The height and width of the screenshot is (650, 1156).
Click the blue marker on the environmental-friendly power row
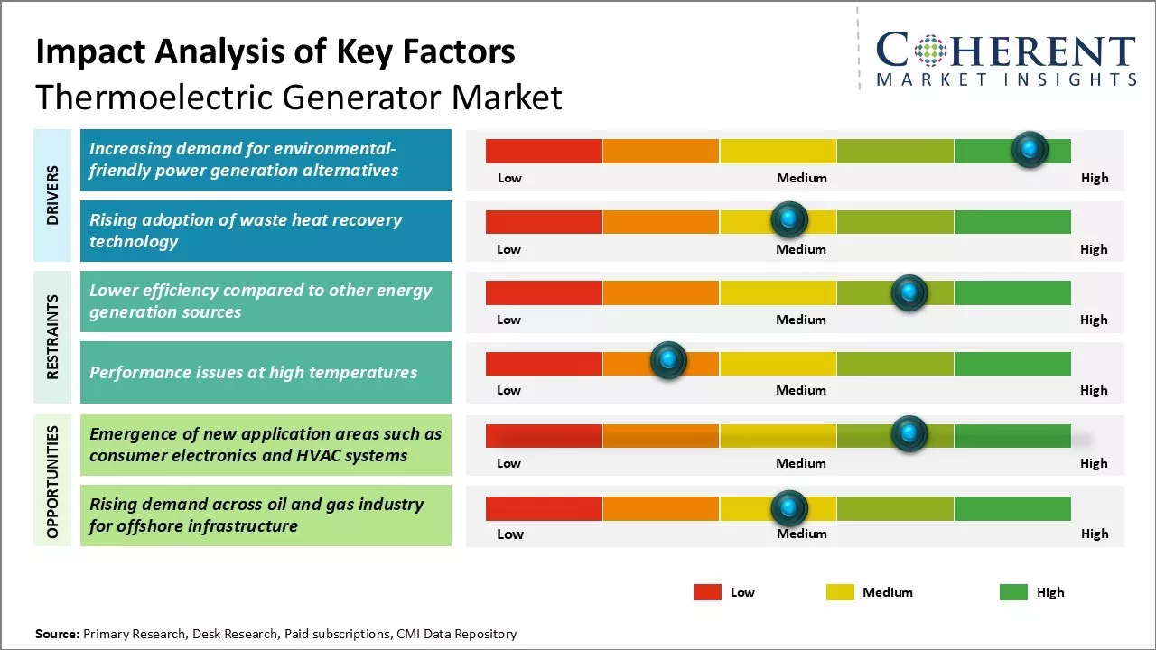pyautogui.click(x=1030, y=149)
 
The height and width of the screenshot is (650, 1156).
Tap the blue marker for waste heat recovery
pyautogui.click(x=789, y=219)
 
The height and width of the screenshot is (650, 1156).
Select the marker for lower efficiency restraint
pyautogui.click(x=909, y=292)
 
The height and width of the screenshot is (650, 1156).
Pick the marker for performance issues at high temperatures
pyautogui.click(x=668, y=361)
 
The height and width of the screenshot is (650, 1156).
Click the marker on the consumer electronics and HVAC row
pyautogui.click(x=909, y=434)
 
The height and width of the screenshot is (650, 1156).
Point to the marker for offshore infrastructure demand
pyautogui.click(x=789, y=508)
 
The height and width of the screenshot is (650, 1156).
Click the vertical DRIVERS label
pyautogui.click(x=52, y=195)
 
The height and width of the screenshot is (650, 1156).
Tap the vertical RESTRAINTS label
pyautogui.click(x=52, y=336)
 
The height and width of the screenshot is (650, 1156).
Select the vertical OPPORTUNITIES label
pyautogui.click(x=52, y=481)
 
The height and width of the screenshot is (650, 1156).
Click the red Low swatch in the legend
pyautogui.click(x=707, y=592)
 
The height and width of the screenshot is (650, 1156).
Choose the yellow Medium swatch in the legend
pyautogui.click(x=840, y=592)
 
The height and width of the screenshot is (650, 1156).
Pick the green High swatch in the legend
pyautogui.click(x=1013, y=592)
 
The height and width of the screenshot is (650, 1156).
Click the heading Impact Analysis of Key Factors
pyautogui.click(x=275, y=52)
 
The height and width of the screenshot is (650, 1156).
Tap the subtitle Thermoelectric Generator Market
pyautogui.click(x=298, y=97)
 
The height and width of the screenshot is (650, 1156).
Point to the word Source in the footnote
pyautogui.click(x=57, y=634)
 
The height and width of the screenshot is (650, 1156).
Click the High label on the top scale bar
pyautogui.click(x=1095, y=178)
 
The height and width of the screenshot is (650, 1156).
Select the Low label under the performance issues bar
pyautogui.click(x=508, y=390)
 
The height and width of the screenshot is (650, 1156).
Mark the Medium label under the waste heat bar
pyautogui.click(x=801, y=249)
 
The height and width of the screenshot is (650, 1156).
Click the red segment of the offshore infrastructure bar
pyautogui.click(x=544, y=508)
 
